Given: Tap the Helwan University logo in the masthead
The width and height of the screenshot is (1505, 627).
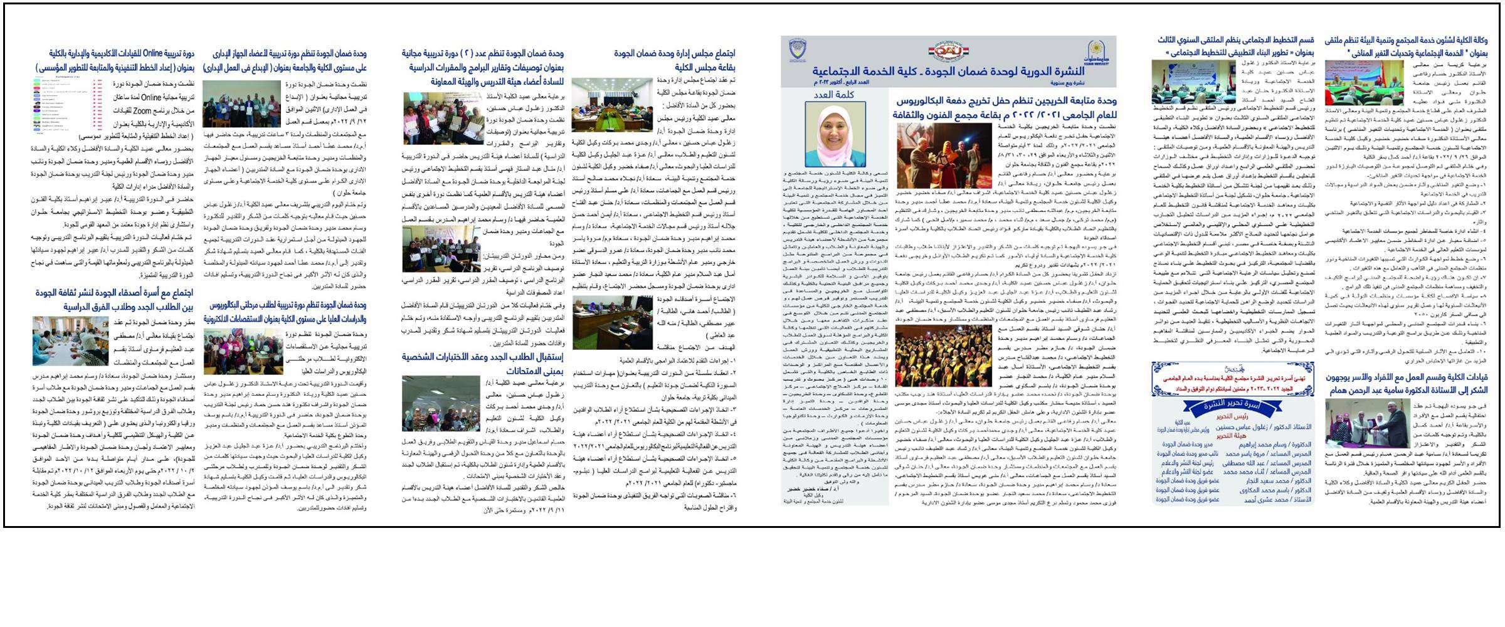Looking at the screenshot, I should [1097, 50].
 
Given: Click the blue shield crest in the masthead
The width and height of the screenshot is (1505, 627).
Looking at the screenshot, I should [798, 50].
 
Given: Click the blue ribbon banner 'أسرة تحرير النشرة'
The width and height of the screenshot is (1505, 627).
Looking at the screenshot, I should [1232, 406].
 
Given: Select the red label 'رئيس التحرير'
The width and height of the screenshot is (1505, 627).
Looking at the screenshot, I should [1232, 416].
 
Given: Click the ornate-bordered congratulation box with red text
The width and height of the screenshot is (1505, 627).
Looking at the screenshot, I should [1232, 379].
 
